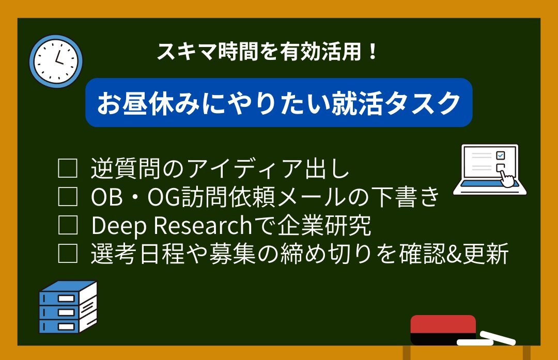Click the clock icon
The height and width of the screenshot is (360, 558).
pos(56,61)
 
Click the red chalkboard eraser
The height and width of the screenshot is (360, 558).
pos(443,330)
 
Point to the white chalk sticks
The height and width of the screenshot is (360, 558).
pos(486,339)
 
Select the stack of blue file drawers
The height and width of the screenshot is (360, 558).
pos(68,307)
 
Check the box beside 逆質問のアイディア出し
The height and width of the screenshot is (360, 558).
pos(68,168)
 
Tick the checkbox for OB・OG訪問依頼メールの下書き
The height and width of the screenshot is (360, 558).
pos(68,197)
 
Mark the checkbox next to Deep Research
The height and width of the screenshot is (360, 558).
pos(68,225)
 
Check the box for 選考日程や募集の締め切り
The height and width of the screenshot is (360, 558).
pos(68,253)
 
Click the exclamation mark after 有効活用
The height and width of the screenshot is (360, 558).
pos(373,52)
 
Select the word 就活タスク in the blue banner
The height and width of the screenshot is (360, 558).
pos(396,103)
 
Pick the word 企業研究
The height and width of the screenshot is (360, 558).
pos(324,225)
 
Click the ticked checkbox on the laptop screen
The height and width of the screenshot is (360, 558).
pos(500,155)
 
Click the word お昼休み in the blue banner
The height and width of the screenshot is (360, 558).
pos(148,103)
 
